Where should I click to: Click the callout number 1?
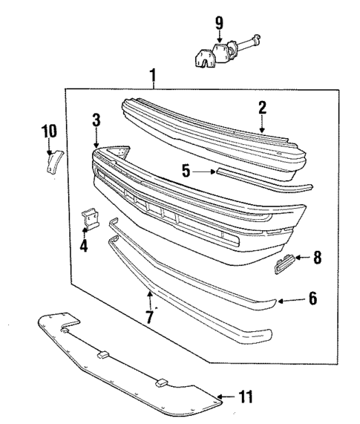click(153, 75)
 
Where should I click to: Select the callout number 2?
click(261, 108)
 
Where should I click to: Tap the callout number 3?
click(96, 120)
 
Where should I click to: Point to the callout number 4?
click(84, 244)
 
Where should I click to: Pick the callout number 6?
click(312, 299)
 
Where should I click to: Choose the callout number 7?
click(148, 318)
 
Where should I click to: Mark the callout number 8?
click(317, 258)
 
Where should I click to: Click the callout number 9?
click(219, 23)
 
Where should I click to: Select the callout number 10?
click(48, 131)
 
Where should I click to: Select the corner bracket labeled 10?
click(53, 160)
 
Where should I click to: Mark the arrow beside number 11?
click(226, 397)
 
